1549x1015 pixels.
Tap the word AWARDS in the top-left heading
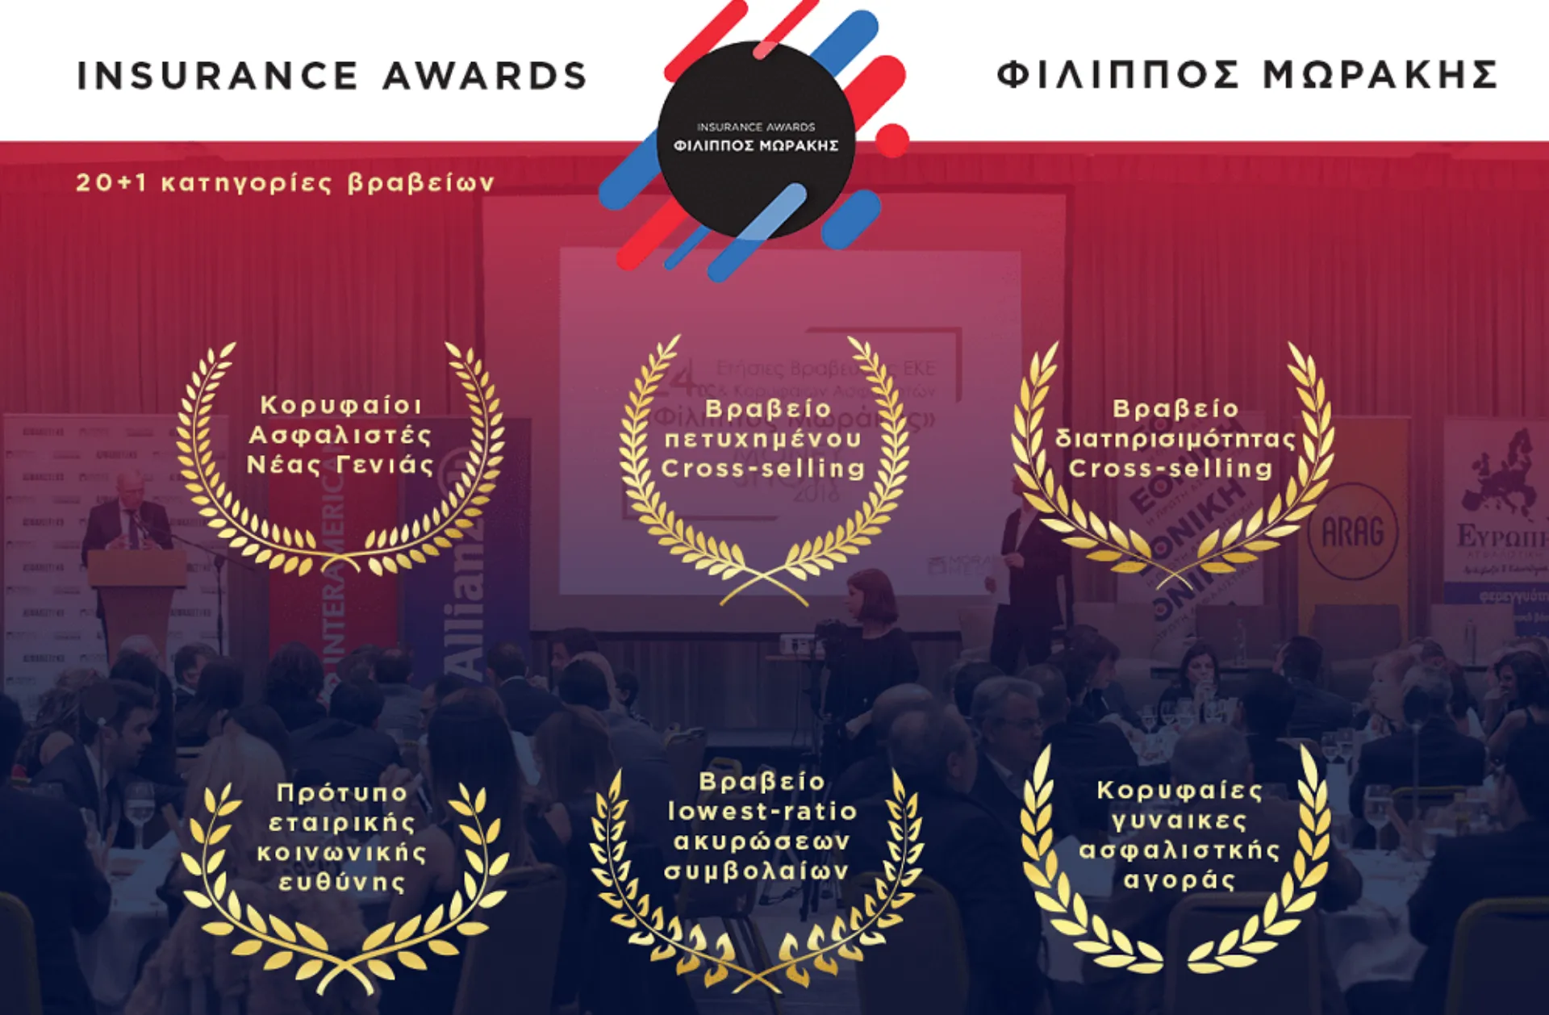tap(484, 76)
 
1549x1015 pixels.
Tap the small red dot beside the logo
tap(891, 140)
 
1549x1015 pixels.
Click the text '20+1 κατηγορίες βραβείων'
tap(285, 183)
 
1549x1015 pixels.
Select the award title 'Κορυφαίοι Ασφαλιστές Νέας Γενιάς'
tap(340, 435)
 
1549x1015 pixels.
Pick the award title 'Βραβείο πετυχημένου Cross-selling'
tap(763, 438)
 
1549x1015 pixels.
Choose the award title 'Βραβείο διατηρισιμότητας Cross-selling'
tap(1175, 438)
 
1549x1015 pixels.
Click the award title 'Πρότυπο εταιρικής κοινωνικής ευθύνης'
tap(342, 837)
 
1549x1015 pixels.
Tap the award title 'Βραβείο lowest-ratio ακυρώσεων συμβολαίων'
tap(761, 826)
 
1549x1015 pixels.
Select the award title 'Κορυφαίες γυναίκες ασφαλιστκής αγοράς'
tap(1179, 834)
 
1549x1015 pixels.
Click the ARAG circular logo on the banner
tap(1352, 532)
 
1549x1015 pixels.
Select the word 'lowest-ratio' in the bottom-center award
tap(762, 812)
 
